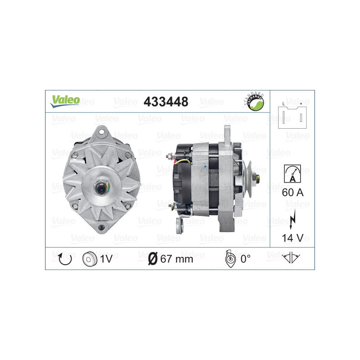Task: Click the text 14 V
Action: pos(292,237)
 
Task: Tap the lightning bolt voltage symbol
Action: pos(292,217)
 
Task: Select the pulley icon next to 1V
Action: pos(90,259)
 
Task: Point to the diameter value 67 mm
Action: pos(171,259)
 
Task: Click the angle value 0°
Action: pos(245,259)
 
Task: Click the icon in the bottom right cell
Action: pos(292,259)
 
